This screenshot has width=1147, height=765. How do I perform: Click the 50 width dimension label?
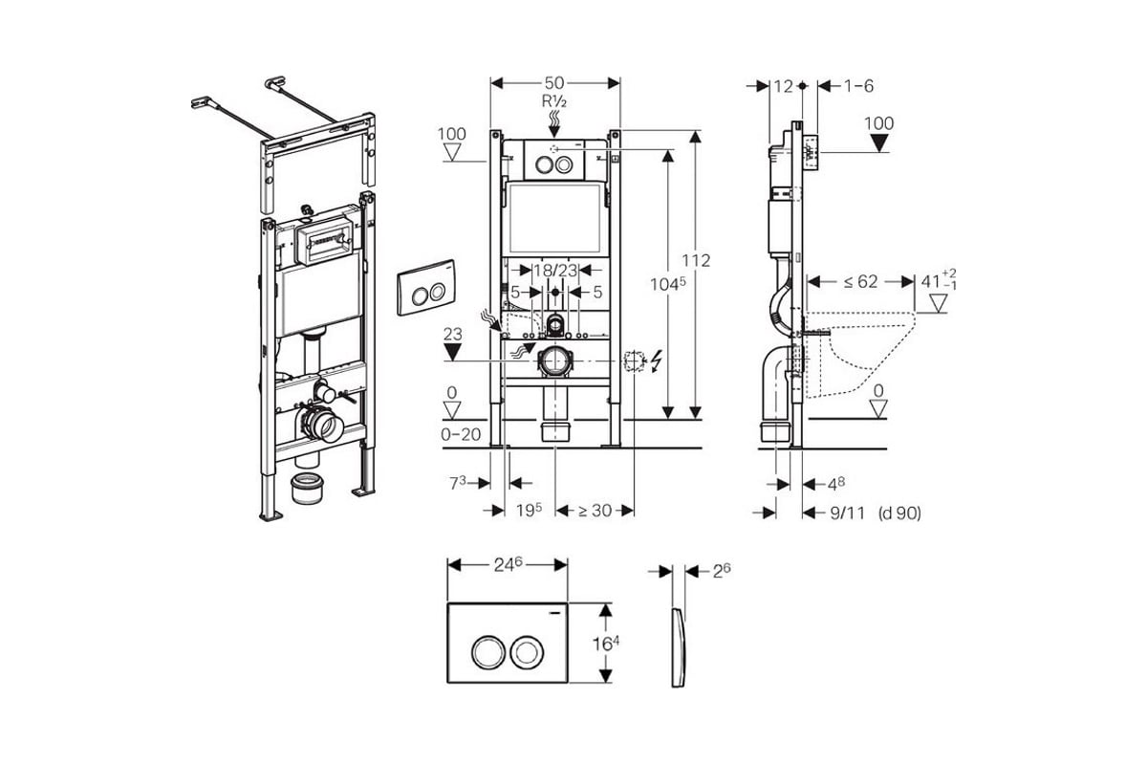pyautogui.click(x=554, y=82)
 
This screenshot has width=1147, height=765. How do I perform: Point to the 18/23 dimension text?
pyautogui.click(x=554, y=271)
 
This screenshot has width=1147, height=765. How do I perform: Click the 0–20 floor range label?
pyautogui.click(x=461, y=433)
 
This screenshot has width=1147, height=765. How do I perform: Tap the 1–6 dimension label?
pyautogui.click(x=858, y=86)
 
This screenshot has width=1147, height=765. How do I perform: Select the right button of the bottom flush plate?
pyautogui.click(x=527, y=653)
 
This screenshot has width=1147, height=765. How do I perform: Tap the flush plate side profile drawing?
pyautogui.click(x=678, y=646)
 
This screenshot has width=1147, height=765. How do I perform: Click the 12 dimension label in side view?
pyautogui.click(x=784, y=86)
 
